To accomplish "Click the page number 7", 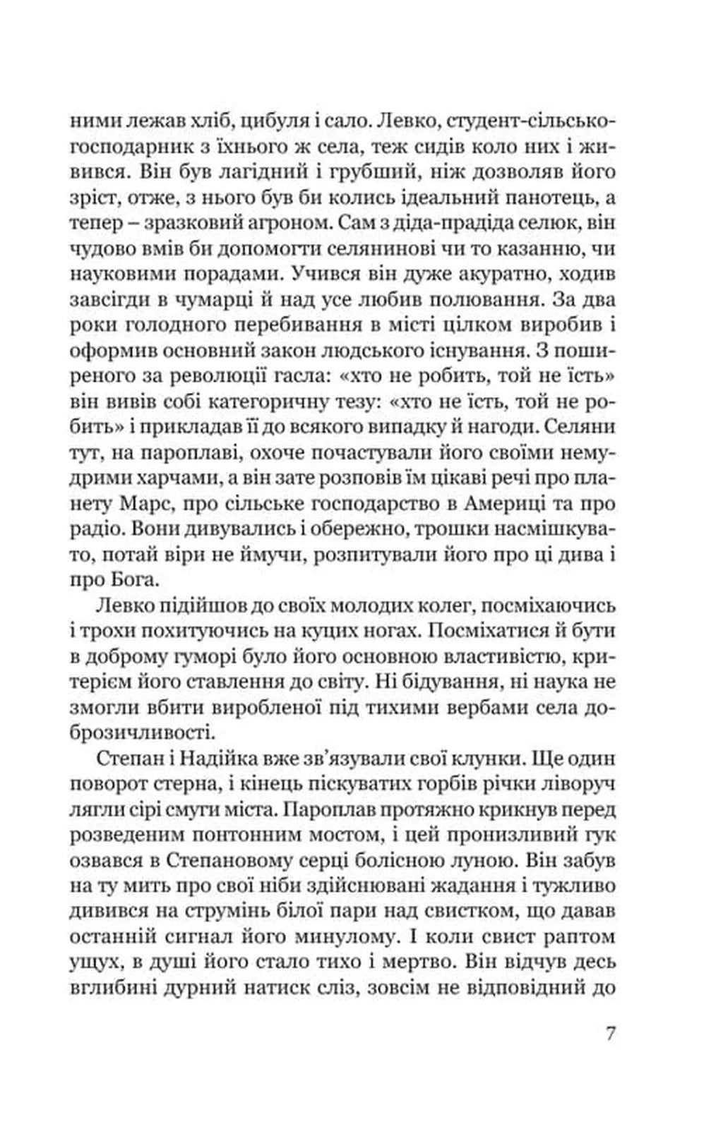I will coord(612,1034).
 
